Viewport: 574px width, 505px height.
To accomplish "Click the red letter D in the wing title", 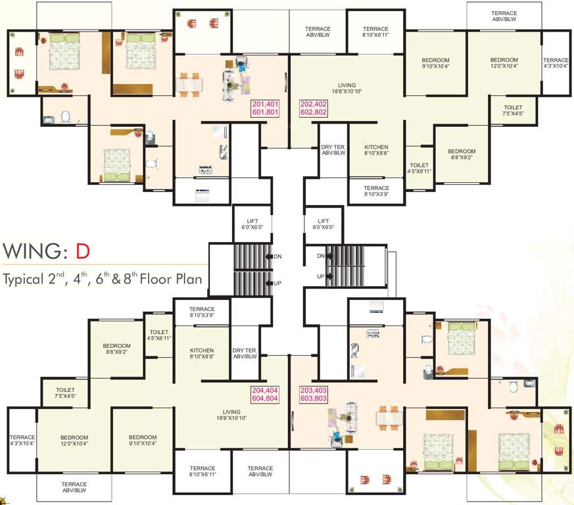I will pyautogui.click(x=81, y=252).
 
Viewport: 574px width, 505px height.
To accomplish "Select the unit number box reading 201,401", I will pyautogui.click(x=265, y=108).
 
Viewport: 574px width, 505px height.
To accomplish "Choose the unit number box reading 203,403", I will pyautogui.click(x=314, y=395).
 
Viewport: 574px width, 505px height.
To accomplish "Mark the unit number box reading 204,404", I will pyautogui.click(x=265, y=395).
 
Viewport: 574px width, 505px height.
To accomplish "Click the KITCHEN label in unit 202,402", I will pyautogui.click(x=376, y=151).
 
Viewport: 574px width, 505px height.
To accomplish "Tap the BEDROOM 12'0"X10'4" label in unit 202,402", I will pyautogui.click(x=504, y=62).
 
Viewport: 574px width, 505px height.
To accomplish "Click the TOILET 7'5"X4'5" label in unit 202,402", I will pyautogui.click(x=514, y=110).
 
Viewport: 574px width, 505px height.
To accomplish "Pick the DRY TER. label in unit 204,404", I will pyautogui.click(x=243, y=352).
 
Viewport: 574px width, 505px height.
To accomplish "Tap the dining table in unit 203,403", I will pyautogui.click(x=385, y=419).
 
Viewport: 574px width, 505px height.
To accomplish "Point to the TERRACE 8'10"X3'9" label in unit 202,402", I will pyautogui.click(x=376, y=191).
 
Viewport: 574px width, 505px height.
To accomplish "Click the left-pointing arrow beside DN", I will pyautogui.click(x=269, y=256).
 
